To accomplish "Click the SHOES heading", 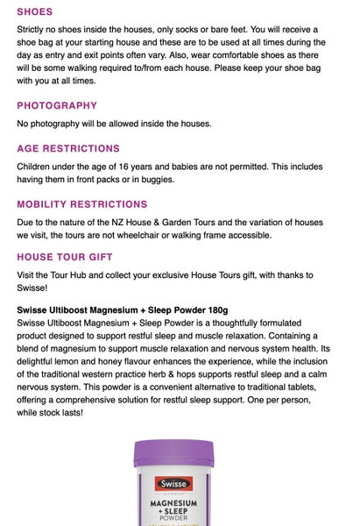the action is (35, 12).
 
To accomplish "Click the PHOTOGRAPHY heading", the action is (57, 105).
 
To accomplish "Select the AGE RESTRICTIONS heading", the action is (68, 148).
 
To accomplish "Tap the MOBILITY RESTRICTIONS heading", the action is (82, 204).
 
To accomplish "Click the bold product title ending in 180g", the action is (123, 309).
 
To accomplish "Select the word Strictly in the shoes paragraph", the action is (32, 30).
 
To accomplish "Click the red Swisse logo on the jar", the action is (173, 482).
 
